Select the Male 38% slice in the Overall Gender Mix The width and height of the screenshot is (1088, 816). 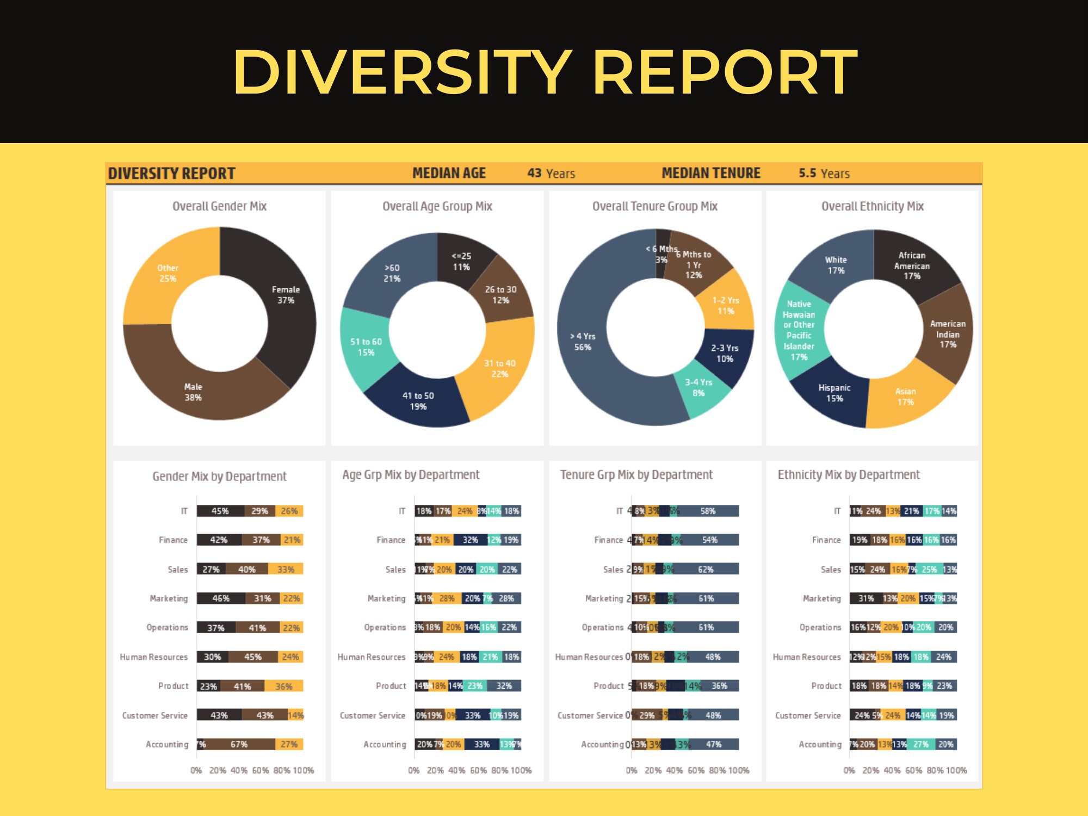click(x=193, y=392)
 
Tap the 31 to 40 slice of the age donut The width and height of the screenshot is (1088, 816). click(x=499, y=368)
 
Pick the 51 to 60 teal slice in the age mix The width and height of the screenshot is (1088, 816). click(x=366, y=347)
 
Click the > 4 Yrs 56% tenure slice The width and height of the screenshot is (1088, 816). click(x=583, y=342)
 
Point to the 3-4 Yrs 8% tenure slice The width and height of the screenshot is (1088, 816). click(x=698, y=387)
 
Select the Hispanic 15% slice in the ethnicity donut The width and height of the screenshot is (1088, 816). click(x=834, y=393)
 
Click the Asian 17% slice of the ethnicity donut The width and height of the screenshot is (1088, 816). click(x=905, y=397)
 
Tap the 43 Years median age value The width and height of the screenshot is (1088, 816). click(x=551, y=173)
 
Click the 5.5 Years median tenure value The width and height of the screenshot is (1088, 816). click(x=824, y=173)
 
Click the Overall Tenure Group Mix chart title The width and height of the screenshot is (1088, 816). click(x=654, y=206)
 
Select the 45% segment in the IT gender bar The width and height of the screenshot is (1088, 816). click(x=220, y=511)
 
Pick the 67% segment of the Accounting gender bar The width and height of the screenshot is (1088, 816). click(x=239, y=744)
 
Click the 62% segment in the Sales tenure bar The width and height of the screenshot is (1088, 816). click(x=706, y=569)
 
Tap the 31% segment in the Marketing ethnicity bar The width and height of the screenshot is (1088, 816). click(x=866, y=598)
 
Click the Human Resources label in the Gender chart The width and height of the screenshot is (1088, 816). click(x=154, y=657)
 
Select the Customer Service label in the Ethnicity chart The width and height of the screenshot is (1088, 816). click(x=808, y=715)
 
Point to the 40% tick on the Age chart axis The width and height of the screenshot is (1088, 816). click(x=456, y=770)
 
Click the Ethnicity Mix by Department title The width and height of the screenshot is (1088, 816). click(x=848, y=475)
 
